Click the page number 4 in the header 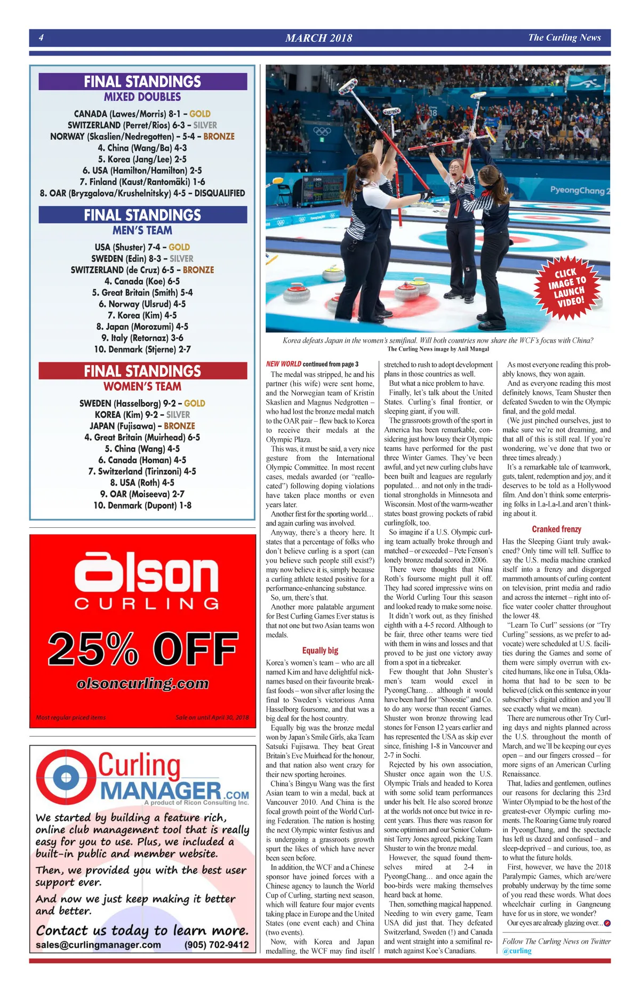point(41,37)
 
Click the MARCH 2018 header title point(318,38)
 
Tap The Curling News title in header point(564,37)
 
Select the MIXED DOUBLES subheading point(142,97)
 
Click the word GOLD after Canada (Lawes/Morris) point(200,114)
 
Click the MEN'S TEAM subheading point(142,231)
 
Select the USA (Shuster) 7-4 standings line point(142,247)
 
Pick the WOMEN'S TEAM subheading point(142,386)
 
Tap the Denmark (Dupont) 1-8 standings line point(142,505)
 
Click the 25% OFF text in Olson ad point(142,648)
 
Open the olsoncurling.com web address point(142,684)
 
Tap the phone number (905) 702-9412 point(217,945)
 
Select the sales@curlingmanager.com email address point(98,945)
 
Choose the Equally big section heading point(320,651)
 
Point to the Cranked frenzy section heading point(556,529)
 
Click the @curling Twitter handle point(517,951)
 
